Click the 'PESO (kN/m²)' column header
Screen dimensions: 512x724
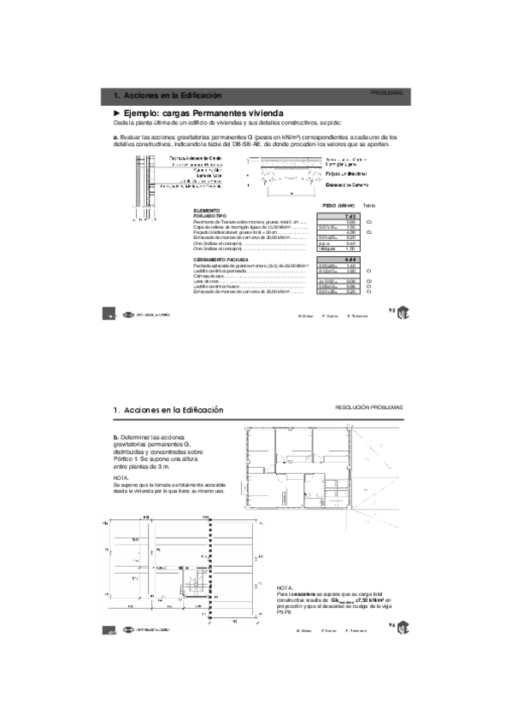click(338, 206)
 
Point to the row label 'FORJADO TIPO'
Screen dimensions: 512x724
click(209, 217)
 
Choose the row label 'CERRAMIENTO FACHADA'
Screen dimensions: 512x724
click(221, 259)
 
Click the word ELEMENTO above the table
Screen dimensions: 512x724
click(207, 211)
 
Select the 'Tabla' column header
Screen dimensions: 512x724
click(368, 206)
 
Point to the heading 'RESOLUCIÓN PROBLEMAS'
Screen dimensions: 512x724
click(368, 407)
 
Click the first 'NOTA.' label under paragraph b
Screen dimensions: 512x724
click(121, 478)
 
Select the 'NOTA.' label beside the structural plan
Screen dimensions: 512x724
click(285, 589)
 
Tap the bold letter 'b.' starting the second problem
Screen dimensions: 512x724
click(116, 437)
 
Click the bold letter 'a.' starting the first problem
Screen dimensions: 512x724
click(115, 137)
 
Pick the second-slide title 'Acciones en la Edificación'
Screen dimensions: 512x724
click(173, 411)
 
